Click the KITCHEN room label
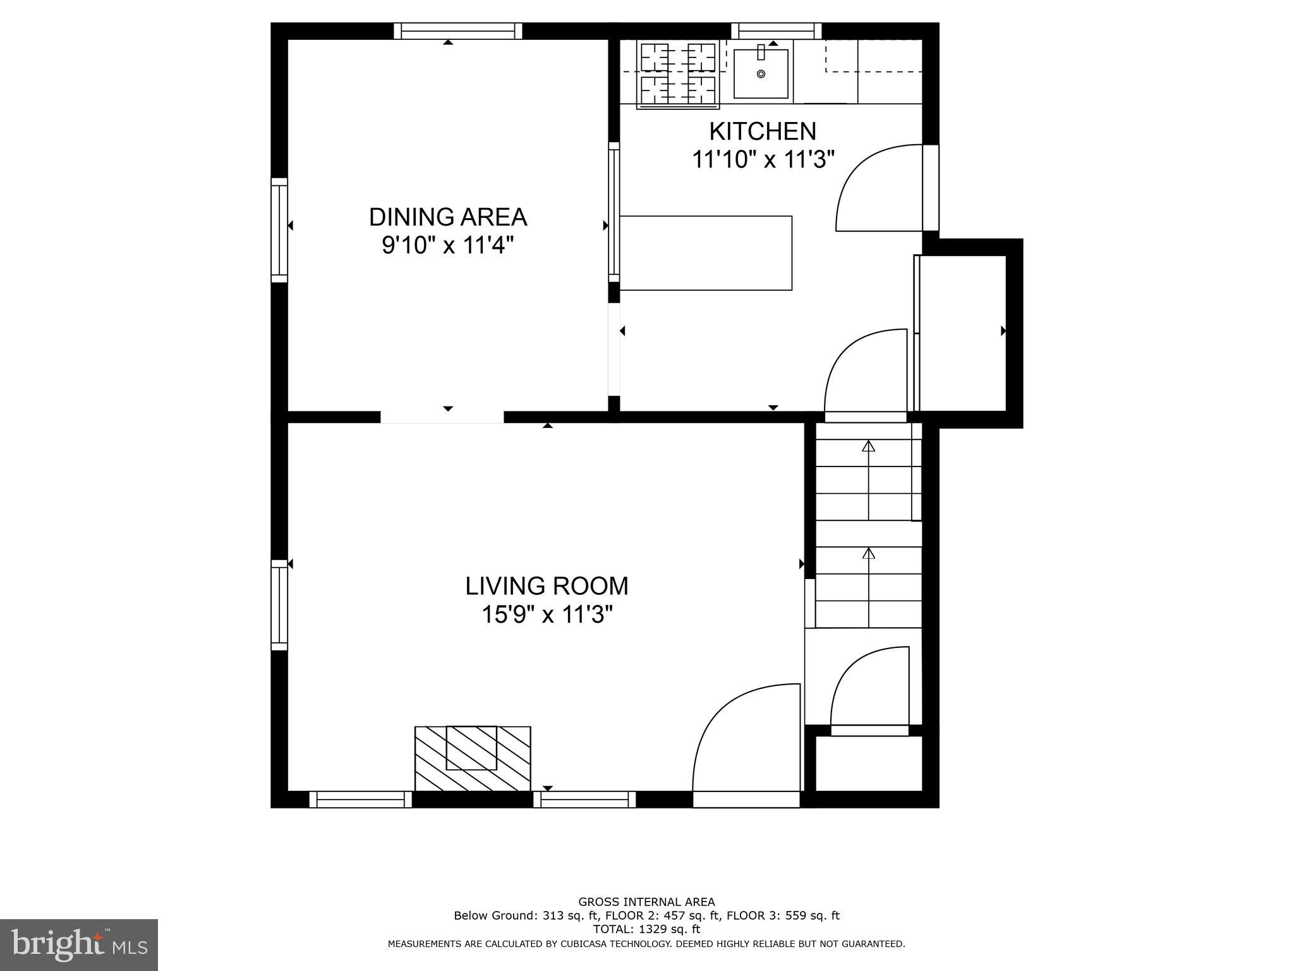coord(763,131)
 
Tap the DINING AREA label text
coord(447,217)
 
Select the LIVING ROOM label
coord(547,586)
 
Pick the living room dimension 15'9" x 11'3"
coord(547,614)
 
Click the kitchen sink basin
coord(761,75)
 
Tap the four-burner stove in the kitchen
coord(677,74)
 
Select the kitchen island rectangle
coord(706,253)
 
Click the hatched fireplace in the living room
coord(472,758)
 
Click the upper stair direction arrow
coord(869,447)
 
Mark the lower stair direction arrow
coord(869,554)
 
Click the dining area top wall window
coord(458,31)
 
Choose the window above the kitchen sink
coord(777,31)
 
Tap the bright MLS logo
coord(79,944)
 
